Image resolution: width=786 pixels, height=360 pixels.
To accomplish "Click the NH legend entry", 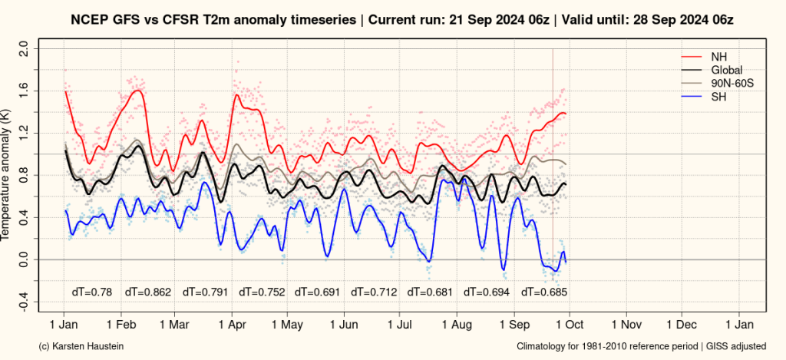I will coord(718,57).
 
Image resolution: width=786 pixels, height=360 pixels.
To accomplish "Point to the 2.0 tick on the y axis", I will coord(23,49).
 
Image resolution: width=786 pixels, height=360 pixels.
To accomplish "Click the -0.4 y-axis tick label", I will coord(23,302).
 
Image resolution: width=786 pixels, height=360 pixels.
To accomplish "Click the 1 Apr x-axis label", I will coord(231,325).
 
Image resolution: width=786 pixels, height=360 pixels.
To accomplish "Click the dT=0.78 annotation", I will coord(92,292).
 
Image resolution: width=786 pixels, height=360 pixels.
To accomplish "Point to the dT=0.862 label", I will coord(148,292).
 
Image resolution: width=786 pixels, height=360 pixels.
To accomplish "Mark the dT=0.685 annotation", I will coord(543,292).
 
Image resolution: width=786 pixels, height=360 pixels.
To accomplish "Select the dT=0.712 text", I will coord(374,292).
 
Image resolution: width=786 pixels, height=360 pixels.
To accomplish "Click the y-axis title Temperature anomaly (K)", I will coord(7,175).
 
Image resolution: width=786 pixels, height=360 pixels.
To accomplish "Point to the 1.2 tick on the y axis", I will coord(23,134).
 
